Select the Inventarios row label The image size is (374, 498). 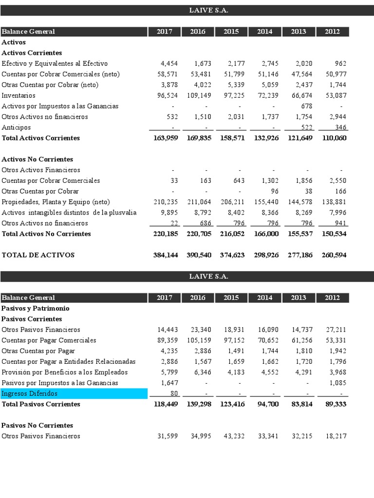click(x=18, y=95)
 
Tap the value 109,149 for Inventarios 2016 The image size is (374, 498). click(x=199, y=95)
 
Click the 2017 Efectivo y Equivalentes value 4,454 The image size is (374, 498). click(x=169, y=63)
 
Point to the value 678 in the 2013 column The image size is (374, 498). click(x=306, y=106)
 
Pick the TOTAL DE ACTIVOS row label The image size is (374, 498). click(x=38, y=255)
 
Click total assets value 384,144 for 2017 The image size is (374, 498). click(x=165, y=255)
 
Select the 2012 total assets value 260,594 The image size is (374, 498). click(x=334, y=255)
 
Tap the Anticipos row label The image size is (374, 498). click(x=16, y=127)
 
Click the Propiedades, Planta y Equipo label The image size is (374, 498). click(x=56, y=202)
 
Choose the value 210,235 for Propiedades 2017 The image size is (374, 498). click(x=166, y=202)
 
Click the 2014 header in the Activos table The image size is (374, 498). click(x=264, y=32)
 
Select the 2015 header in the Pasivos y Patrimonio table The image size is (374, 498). click(x=231, y=298)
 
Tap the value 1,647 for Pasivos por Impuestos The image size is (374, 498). click(x=169, y=383)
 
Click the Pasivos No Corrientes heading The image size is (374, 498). click(x=37, y=426)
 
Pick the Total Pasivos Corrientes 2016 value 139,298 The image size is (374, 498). click(x=199, y=404)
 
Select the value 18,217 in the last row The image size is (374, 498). click(x=336, y=436)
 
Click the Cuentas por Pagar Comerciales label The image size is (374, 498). click(x=49, y=340)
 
